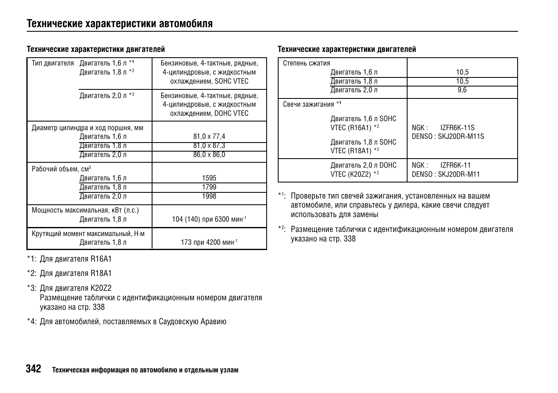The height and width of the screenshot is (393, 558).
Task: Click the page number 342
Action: [x=34, y=369]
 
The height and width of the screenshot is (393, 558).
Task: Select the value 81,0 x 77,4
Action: [x=209, y=136]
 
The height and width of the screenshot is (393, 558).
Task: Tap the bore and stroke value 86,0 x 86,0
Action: [x=209, y=155]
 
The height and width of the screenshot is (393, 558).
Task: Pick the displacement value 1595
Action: [x=209, y=178]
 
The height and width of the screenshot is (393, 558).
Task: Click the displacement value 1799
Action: [x=209, y=187]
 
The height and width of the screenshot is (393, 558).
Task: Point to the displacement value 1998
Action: [x=209, y=196]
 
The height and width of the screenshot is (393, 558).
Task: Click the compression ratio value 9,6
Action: [x=462, y=90]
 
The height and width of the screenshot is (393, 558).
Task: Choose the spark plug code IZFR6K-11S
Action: [x=457, y=128]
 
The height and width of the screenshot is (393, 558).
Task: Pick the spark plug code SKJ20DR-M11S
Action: [x=461, y=136]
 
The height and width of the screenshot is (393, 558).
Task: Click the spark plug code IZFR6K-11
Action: [x=455, y=165]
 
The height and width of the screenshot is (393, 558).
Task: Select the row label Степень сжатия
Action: [x=306, y=63]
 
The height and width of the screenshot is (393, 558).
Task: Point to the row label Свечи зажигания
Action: [x=308, y=104]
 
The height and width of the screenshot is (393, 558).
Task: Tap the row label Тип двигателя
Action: [x=53, y=63]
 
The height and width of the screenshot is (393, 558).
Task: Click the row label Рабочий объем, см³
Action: [x=61, y=169]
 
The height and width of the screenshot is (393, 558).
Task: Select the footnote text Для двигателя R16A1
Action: [x=75, y=259]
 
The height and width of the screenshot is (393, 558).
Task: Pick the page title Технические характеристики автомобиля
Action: [x=120, y=23]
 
